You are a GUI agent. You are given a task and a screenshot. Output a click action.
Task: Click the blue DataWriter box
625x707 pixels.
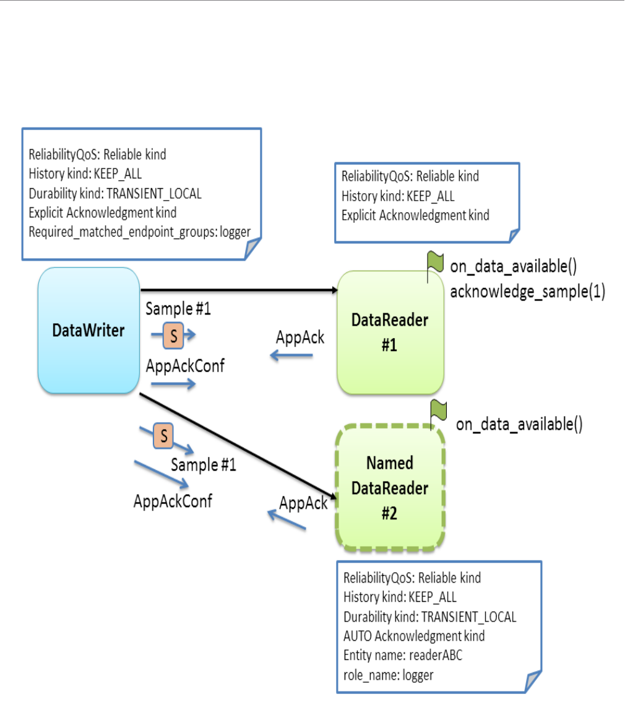(88, 330)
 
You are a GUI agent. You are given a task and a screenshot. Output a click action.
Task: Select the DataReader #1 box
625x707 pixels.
(389, 332)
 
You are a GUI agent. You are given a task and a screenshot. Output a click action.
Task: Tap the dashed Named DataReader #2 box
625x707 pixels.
(389, 488)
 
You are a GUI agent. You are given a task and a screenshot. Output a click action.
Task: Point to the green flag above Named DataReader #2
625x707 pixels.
(439, 409)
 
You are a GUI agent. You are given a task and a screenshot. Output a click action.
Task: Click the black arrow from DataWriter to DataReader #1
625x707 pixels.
(238, 290)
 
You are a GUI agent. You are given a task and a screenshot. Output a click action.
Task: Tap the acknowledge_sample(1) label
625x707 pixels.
(527, 291)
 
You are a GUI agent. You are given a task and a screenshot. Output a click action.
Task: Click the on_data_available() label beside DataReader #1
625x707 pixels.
(513, 267)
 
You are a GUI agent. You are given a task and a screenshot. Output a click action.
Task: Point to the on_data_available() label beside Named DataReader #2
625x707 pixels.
(519, 424)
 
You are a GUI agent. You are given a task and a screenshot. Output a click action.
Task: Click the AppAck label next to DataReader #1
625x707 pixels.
(300, 338)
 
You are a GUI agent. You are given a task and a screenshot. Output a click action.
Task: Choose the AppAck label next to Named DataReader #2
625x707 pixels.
(303, 503)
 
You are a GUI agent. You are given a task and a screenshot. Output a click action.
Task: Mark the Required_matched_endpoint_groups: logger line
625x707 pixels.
(140, 232)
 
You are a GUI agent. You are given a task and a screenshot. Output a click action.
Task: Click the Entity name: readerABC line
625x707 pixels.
(403, 655)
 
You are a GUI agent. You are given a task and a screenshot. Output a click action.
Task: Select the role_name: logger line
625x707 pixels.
(389, 675)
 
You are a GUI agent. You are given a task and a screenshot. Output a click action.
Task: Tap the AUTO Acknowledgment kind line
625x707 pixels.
(414, 636)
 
